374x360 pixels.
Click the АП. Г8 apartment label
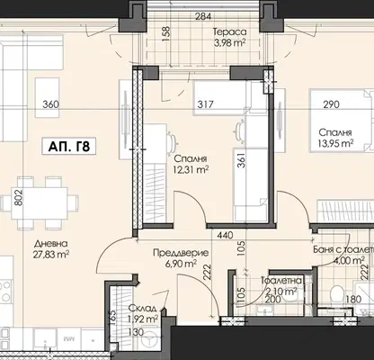tap(69, 146)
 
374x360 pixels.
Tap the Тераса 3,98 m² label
tap(230, 37)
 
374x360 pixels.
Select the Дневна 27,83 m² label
tap(50, 248)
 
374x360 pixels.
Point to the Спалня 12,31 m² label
tap(191, 164)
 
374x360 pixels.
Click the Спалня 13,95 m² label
tap(335, 138)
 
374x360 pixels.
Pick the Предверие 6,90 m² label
tap(181, 258)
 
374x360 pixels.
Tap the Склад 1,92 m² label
tap(143, 314)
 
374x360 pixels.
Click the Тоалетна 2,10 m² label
tap(281, 285)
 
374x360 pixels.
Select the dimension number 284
tap(203, 16)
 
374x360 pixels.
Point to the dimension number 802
tap(19, 197)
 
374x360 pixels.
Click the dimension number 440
tap(225, 235)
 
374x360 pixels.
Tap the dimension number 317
tap(206, 104)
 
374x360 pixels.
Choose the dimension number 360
tap(51, 104)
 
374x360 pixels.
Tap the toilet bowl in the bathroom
tap(338, 292)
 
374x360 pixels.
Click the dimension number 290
tap(332, 104)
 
